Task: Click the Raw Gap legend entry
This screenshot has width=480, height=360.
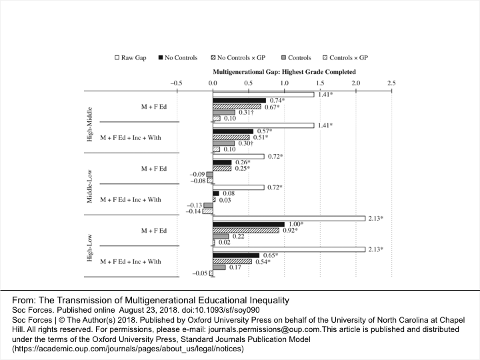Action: (131, 58)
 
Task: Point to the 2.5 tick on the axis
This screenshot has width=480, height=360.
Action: (391, 83)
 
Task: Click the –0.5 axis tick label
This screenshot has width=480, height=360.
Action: (176, 83)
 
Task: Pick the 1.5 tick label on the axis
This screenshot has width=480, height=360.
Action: (319, 83)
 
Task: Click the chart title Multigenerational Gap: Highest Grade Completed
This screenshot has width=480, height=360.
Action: (283, 71)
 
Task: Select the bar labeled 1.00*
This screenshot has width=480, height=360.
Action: (248, 224)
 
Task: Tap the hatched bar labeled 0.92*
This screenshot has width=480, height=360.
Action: (245, 230)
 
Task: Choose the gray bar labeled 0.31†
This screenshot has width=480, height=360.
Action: (223, 112)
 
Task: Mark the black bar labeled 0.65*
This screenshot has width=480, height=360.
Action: (235, 255)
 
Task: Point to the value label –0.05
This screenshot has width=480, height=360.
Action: (199, 273)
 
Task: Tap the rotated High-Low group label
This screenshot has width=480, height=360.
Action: (89, 246)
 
